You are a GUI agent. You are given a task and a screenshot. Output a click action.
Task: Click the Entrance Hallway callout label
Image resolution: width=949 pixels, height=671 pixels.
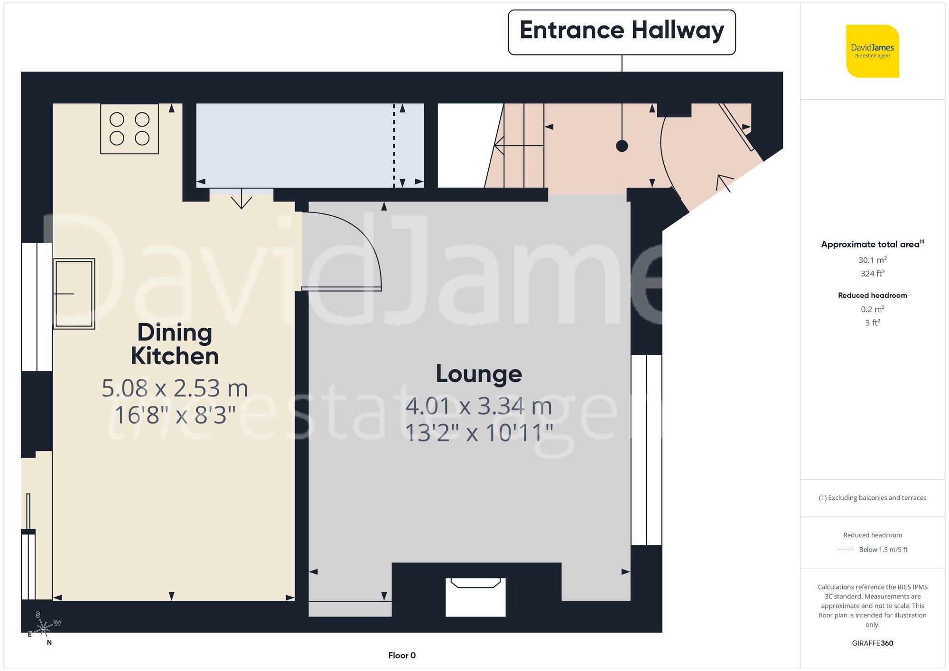pos(622,31)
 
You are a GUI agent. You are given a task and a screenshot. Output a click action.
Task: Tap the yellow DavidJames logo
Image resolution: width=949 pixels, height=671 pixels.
pos(872,51)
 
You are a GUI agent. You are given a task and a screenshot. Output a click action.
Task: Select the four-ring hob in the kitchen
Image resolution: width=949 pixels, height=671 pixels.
pos(129,129)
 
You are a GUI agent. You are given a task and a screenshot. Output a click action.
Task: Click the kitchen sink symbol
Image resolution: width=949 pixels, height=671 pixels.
pos(74,294)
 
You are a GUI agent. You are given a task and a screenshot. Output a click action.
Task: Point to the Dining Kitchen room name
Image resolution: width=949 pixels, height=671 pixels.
pos(175,344)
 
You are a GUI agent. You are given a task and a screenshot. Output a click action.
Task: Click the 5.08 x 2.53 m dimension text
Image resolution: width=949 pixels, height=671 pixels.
pos(175,388)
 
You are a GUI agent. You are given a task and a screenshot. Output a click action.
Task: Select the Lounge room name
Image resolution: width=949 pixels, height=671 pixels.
pos(479,374)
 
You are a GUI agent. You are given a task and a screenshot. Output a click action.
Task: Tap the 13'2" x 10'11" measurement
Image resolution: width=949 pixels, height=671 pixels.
pos(479,433)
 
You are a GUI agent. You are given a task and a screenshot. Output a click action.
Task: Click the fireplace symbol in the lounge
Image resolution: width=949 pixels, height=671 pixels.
pos(475,596)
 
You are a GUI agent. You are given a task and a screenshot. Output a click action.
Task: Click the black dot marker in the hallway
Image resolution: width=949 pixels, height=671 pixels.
pos(622,146)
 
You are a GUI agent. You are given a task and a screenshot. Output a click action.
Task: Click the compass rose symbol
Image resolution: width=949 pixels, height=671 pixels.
pos(44,628)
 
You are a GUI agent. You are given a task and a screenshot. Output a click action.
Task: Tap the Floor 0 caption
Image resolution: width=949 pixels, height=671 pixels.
pos(401,655)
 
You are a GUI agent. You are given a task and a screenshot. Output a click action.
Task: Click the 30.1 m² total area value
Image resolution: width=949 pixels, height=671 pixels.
pos(872,260)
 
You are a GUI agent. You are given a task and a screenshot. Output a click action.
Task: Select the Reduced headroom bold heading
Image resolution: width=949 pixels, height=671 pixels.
pos(872,295)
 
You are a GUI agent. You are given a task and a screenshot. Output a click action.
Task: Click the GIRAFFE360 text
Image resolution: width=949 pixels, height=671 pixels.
pos(872,643)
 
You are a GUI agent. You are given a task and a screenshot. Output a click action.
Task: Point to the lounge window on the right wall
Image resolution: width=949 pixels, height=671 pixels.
pos(646,450)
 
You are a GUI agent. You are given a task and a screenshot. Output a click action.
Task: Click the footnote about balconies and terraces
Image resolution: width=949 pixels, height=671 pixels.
pos(872,498)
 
